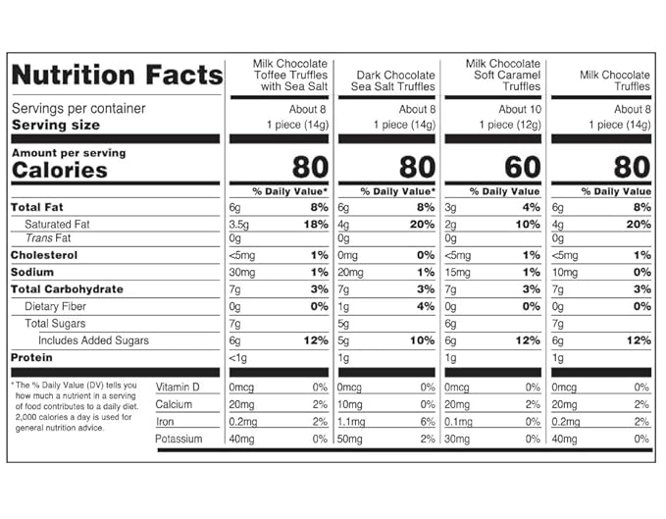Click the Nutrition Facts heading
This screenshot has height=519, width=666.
(118, 75)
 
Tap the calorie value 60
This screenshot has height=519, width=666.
(523, 167)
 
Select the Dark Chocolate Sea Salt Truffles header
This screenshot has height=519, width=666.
(393, 80)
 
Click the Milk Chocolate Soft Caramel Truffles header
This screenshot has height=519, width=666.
(503, 75)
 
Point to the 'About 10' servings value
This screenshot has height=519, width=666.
(520, 110)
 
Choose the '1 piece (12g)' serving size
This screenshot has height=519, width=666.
(510, 125)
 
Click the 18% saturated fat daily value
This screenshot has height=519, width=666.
(316, 225)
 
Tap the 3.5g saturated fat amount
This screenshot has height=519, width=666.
(238, 225)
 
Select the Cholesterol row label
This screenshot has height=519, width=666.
(44, 255)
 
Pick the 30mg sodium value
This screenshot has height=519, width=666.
(242, 273)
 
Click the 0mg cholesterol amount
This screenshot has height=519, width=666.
(347, 256)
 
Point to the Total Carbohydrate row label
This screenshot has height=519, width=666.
(67, 289)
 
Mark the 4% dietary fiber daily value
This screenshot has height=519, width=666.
(426, 306)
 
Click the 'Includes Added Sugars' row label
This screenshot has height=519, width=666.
(93, 340)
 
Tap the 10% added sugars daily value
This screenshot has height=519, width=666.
(422, 340)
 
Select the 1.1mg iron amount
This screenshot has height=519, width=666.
(351, 422)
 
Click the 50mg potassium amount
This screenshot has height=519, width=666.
(349, 440)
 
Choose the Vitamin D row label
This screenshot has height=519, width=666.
(178, 388)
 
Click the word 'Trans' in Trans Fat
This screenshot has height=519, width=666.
(38, 238)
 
